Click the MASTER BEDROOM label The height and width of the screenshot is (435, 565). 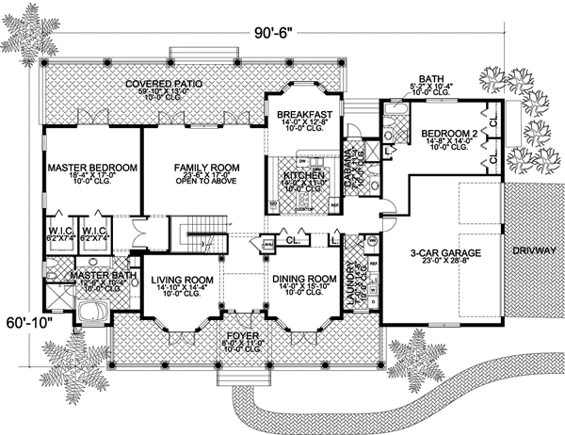92,167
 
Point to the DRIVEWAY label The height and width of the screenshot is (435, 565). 533,252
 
